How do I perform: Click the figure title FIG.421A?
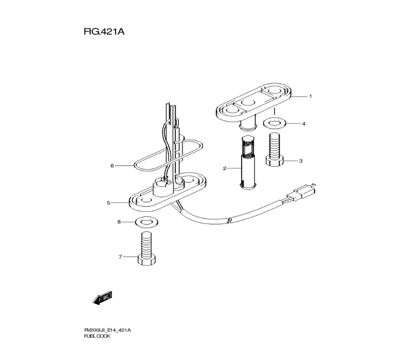pyautogui.click(x=104, y=32)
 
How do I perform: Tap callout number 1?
pyautogui.click(x=310, y=97)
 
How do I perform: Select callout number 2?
pyautogui.click(x=224, y=168)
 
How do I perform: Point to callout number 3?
pyautogui.click(x=301, y=161)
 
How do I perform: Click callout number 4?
pyautogui.click(x=303, y=123)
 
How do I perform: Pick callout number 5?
pyautogui.click(x=108, y=202)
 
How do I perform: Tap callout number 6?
pyautogui.click(x=112, y=166)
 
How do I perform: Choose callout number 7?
pyautogui.click(x=120, y=257)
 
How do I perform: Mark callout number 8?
pyautogui.click(x=119, y=222)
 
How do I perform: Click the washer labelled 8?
pyautogui.click(x=146, y=222)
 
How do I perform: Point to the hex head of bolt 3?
pyautogui.click(x=274, y=161)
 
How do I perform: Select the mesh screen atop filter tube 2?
pyautogui.click(x=247, y=148)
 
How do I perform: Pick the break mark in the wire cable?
pyautogui.click(x=230, y=221)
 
